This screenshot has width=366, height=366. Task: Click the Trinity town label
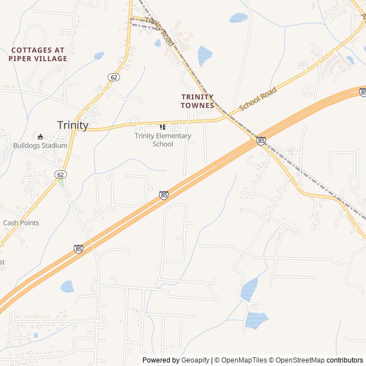tap(73, 125)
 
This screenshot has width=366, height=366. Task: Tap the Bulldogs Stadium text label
tap(40, 145)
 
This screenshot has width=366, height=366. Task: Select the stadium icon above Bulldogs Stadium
tap(41, 137)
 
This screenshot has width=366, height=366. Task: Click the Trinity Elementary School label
tap(163, 140)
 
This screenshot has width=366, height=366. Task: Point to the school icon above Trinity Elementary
tap(162, 127)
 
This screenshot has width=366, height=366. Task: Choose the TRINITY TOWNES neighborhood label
tap(197, 101)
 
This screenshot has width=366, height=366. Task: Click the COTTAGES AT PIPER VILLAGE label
tap(38, 54)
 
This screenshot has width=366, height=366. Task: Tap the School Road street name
tap(258, 98)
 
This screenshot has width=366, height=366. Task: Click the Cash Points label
tap(21, 222)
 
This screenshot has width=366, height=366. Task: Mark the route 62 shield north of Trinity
tap(114, 77)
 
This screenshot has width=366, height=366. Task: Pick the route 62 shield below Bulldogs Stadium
tap(60, 174)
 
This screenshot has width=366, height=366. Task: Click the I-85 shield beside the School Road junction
tap(261, 141)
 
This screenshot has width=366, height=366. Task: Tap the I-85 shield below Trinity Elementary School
tap(164, 195)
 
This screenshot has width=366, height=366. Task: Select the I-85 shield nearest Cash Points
tap(78, 249)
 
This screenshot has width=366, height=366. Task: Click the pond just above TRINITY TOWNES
tap(204, 55)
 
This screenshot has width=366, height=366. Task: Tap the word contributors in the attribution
tap(345, 360)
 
